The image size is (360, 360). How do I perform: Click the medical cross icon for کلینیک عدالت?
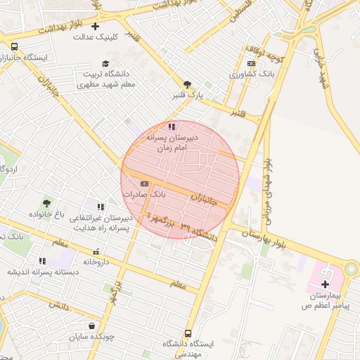95,26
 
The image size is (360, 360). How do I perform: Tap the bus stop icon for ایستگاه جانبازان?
15,46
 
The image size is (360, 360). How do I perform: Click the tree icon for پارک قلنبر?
187,84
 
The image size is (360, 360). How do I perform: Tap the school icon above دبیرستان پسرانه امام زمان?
172,127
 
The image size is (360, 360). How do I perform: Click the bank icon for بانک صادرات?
144,184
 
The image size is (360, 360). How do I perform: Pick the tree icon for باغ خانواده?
47,203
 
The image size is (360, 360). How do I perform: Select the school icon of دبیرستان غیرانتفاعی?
101,207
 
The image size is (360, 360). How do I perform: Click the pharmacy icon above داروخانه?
96,252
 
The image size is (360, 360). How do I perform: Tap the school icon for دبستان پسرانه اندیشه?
43,261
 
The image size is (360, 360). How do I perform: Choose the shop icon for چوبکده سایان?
92,326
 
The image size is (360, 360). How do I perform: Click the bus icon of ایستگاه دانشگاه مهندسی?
187,334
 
